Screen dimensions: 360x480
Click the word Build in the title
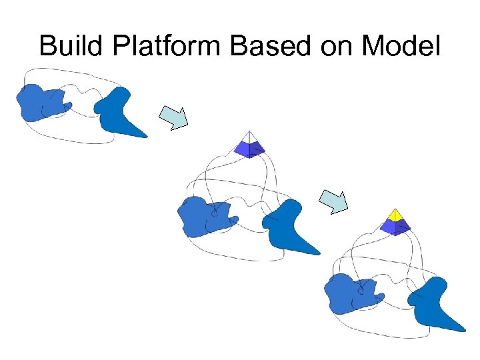(65, 46)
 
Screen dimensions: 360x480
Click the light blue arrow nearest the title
(174, 117)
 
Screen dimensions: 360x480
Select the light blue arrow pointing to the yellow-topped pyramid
(333, 200)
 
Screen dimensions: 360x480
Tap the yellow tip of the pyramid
(395, 215)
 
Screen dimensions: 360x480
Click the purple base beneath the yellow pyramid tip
(395, 227)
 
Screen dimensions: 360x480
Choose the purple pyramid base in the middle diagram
(249, 149)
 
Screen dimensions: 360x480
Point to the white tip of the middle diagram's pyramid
(249, 137)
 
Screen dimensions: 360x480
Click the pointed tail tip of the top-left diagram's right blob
(145, 136)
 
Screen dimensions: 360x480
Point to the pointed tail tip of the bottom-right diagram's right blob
(463, 329)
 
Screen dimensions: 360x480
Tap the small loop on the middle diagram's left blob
(214, 215)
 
